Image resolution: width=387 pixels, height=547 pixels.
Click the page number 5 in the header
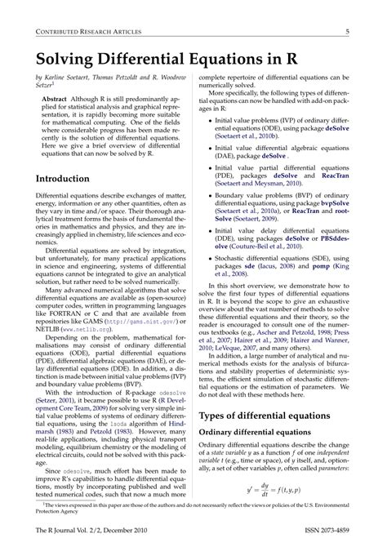[x=349, y=32]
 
